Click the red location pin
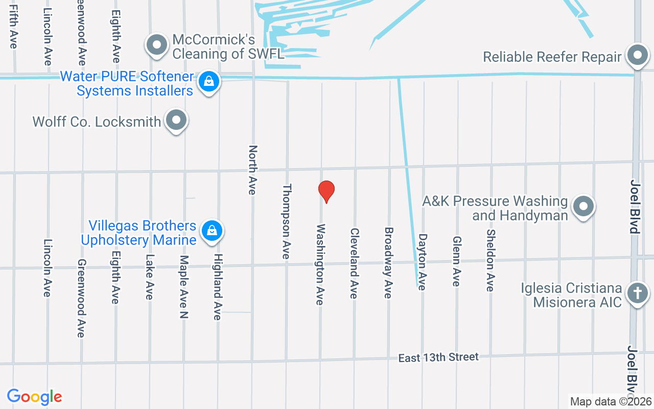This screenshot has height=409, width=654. (x=326, y=191)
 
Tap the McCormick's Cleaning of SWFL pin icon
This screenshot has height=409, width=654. (x=157, y=46)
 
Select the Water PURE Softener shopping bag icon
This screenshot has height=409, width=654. (x=208, y=81)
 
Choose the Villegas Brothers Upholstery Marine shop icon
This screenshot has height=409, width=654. (x=212, y=231)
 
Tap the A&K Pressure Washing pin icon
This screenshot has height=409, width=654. (x=583, y=207)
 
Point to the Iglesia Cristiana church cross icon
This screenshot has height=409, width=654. (x=637, y=293)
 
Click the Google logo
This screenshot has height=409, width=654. (x=35, y=397)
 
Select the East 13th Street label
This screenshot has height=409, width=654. (x=438, y=357)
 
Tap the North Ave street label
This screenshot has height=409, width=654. (x=252, y=170)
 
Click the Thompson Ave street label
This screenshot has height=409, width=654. (x=287, y=221)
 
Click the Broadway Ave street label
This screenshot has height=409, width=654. (x=388, y=263)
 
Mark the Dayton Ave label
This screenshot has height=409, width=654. (x=422, y=262)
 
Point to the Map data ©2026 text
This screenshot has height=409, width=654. (x=611, y=402)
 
